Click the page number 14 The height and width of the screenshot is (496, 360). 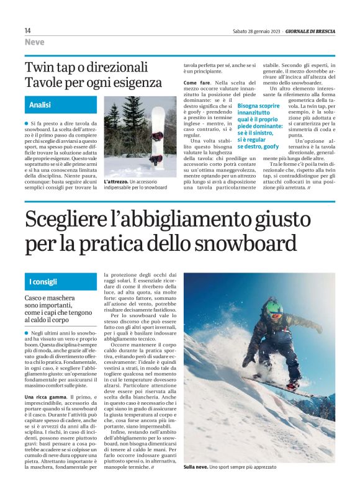pyautogui.click(x=28, y=30)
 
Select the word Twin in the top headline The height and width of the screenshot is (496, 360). pyautogui.click(x=39, y=67)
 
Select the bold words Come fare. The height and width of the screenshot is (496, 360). pyautogui.click(x=197, y=82)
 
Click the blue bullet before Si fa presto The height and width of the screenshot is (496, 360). pyautogui.click(x=27, y=124)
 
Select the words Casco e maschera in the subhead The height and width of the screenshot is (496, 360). pyautogui.click(x=52, y=299)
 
